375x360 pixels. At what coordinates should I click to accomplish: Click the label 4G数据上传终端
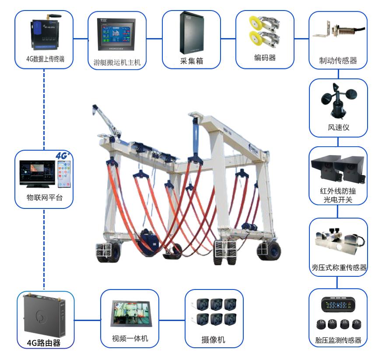point(45,59)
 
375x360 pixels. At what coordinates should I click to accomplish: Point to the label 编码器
point(265,58)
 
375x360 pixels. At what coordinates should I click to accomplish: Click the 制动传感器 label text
point(338,60)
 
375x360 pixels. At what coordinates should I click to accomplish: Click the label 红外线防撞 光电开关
point(338,196)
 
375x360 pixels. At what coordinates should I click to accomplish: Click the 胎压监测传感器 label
point(338,340)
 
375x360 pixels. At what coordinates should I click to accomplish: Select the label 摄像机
point(214,340)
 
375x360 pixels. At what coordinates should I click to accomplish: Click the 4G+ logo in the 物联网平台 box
point(63,155)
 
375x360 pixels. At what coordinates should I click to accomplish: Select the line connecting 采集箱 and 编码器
point(228,39)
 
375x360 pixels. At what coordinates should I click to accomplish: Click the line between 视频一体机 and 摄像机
point(171,319)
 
